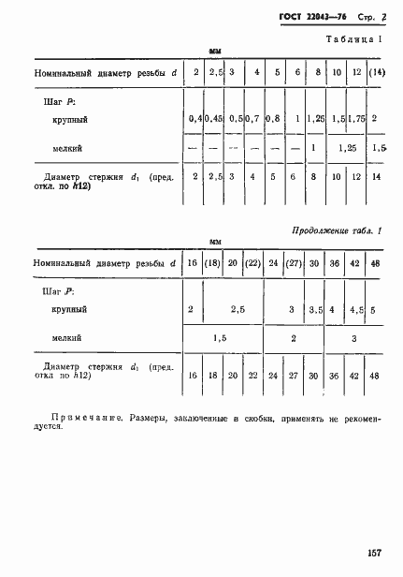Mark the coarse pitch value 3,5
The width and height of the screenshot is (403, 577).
[x=314, y=308]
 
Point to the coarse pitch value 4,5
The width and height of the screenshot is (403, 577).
[x=356, y=308]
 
